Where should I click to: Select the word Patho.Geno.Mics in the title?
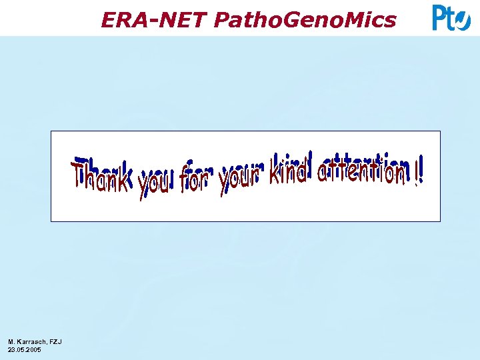pyautogui.click(x=305, y=21)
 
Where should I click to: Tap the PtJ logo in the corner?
pyautogui.click(x=451, y=17)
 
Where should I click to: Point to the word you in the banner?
pyautogui.click(x=155, y=182)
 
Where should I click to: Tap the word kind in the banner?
pyautogui.click(x=288, y=170)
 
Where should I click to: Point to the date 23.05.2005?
pyautogui.click(x=24, y=349)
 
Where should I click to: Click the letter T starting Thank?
pyautogui.click(x=81, y=175)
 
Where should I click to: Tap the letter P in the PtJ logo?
pyautogui.click(x=440, y=17)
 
